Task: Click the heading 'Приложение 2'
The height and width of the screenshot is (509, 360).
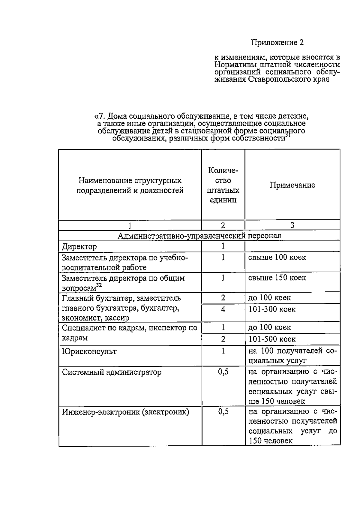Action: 277,43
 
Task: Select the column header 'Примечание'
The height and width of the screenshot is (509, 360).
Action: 292,185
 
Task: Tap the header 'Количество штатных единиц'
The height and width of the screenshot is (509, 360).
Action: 223,185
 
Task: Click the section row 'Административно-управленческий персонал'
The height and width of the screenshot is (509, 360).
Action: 199,236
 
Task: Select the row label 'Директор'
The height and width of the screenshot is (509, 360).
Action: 79,247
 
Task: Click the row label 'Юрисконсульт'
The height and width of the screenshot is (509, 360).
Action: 89,351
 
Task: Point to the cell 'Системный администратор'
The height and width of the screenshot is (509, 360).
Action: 112,372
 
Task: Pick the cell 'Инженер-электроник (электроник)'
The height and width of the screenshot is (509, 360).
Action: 125,412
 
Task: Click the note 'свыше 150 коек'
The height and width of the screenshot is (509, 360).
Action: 277,278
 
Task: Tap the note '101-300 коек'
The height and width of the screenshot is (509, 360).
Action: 272,309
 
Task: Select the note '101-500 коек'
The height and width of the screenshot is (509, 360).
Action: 272,339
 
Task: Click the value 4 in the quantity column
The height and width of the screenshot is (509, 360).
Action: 223,309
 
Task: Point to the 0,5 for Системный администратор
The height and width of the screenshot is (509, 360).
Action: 223,372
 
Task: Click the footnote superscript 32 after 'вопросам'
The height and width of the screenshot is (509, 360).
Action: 99,285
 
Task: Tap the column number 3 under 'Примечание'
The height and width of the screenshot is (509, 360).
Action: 292,225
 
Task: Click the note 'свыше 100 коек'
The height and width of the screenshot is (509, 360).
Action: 277,257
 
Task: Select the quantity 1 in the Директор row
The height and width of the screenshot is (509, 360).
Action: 223,246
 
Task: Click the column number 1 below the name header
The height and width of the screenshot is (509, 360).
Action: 130,225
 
